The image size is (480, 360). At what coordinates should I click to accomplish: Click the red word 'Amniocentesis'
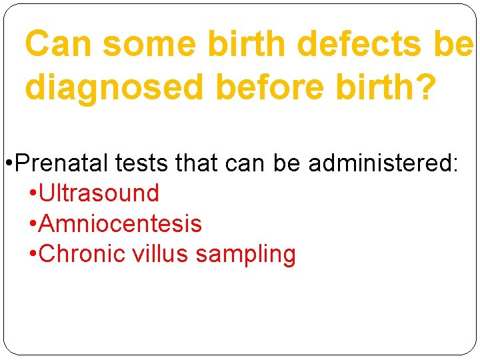pos(121,224)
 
